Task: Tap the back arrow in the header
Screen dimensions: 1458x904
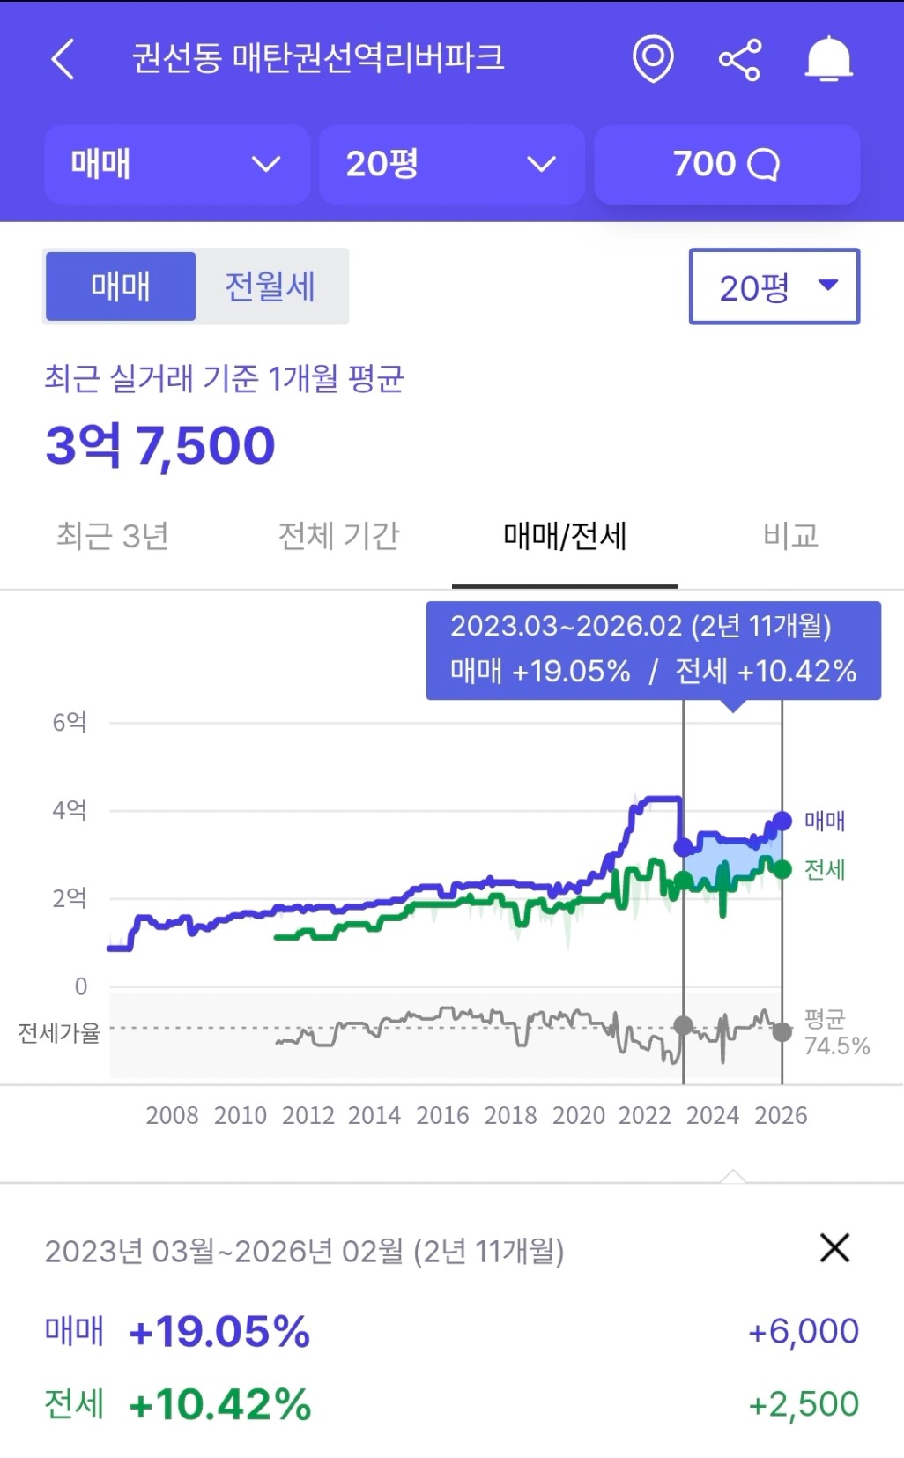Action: click(63, 60)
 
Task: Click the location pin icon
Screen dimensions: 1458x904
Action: click(653, 59)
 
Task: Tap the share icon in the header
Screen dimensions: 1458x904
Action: click(740, 60)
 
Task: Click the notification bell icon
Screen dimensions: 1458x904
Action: click(828, 60)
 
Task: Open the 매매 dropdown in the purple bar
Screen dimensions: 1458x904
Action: click(176, 164)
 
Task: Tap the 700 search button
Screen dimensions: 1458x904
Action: click(727, 164)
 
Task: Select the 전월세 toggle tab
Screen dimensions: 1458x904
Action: click(270, 286)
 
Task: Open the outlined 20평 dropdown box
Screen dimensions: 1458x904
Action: click(774, 286)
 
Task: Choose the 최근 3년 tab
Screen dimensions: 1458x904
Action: click(113, 535)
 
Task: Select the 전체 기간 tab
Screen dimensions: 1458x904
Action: click(339, 535)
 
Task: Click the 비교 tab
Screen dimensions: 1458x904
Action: click(790, 535)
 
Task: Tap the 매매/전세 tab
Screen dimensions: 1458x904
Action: click(565, 535)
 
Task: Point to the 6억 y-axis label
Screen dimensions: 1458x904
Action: click(70, 722)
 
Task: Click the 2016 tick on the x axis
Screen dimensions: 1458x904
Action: click(442, 1115)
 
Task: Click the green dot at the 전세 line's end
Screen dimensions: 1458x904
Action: click(782, 870)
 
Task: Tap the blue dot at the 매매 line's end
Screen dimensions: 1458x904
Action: click(782, 821)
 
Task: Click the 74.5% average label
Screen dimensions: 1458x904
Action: click(837, 1045)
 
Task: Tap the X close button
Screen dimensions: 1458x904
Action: click(834, 1247)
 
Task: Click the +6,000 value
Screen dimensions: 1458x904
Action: click(803, 1331)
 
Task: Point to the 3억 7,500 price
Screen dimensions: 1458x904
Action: click(160, 444)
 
